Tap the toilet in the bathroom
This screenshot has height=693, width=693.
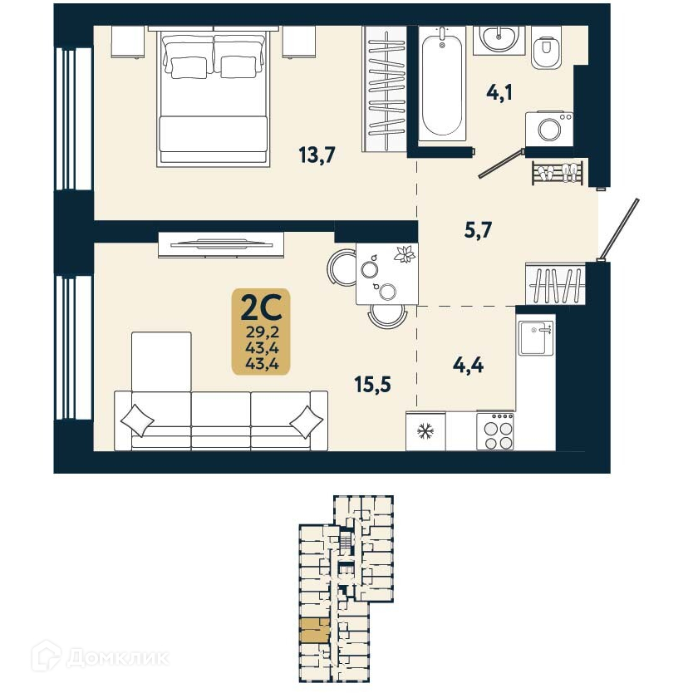[x=545, y=52]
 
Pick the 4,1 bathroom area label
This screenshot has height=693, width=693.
[x=499, y=91]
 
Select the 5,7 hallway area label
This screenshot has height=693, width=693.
[x=479, y=230]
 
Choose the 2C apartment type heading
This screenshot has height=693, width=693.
[x=261, y=308]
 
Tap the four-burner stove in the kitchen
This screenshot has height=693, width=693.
[x=496, y=431]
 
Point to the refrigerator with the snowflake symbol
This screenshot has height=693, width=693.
[x=425, y=431]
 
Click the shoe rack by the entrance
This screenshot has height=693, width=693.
[x=558, y=173]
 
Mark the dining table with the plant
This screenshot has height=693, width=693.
[x=386, y=274]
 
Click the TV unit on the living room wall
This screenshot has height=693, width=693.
[x=221, y=243]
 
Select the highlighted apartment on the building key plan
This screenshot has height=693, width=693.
[x=314, y=631]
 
